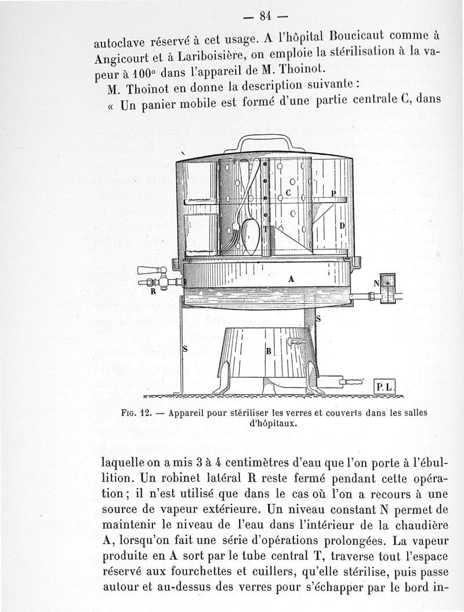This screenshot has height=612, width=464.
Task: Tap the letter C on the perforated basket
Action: click(x=288, y=192)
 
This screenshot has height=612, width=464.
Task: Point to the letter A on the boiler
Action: click(x=291, y=279)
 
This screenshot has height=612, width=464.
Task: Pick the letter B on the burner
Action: click(x=269, y=351)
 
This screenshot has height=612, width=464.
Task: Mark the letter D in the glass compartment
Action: click(x=342, y=224)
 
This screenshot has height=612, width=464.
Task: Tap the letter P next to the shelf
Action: click(x=333, y=193)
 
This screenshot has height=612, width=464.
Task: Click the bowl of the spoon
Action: click(x=249, y=232)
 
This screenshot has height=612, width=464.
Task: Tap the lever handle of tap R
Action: click(x=148, y=270)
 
